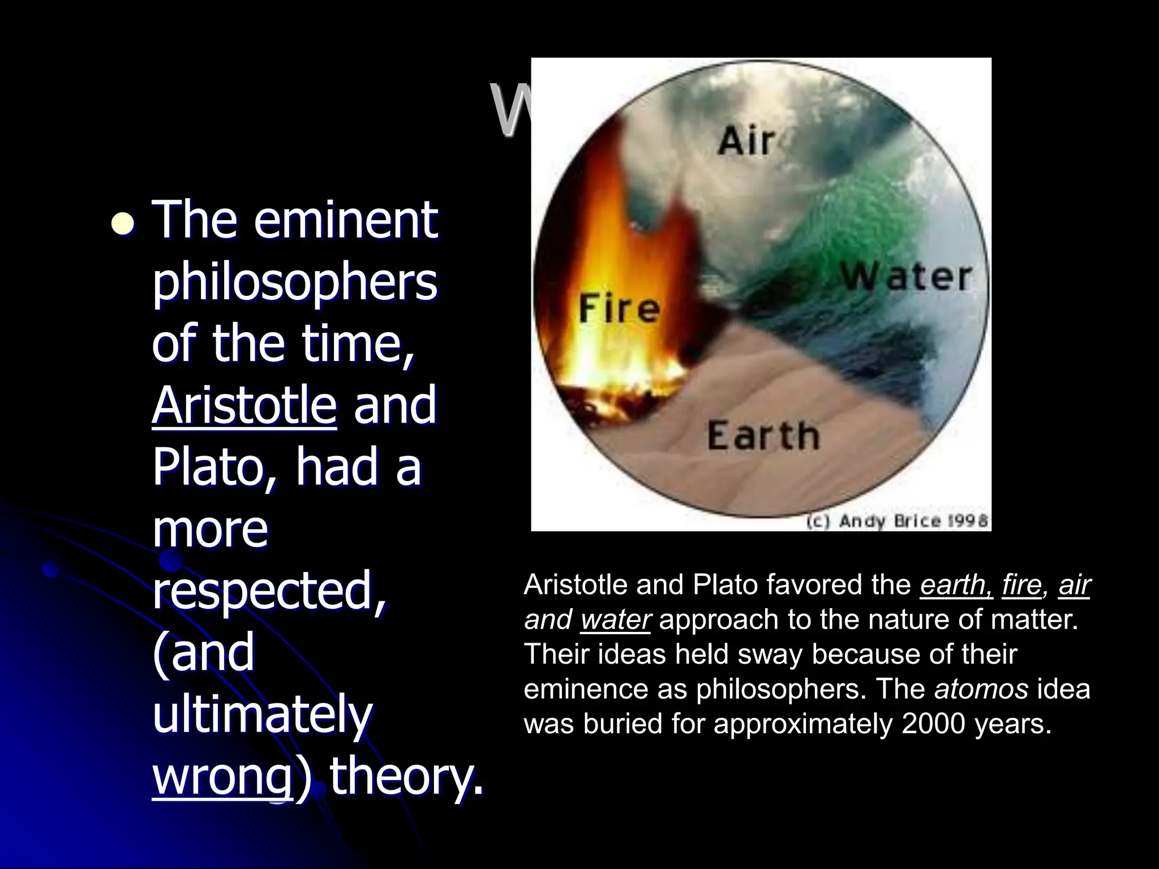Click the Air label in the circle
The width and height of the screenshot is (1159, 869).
point(746,141)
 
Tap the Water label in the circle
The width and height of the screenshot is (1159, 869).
point(905,278)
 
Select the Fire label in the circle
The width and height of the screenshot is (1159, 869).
point(619,309)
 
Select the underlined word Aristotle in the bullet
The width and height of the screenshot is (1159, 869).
point(244,405)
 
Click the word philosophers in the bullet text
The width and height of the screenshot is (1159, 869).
point(294,282)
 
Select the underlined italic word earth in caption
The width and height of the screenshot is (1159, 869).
point(956,585)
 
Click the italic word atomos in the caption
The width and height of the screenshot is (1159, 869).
point(981,689)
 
